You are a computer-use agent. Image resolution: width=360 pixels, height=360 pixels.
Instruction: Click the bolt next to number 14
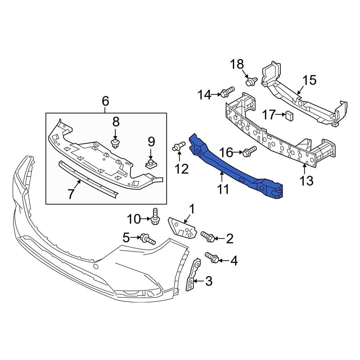tap(227, 93)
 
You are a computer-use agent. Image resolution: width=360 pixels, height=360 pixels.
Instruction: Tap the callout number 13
tap(307, 181)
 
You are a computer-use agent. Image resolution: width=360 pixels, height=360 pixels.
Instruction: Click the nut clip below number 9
tap(151, 165)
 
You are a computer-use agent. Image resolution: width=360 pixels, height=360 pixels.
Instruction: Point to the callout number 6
tap(105, 101)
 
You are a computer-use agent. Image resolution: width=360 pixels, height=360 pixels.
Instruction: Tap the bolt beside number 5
tap(148, 238)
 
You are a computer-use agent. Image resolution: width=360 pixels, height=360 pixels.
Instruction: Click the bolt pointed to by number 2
tap(208, 236)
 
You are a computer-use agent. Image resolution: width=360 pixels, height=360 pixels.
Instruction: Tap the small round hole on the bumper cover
tap(96, 267)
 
